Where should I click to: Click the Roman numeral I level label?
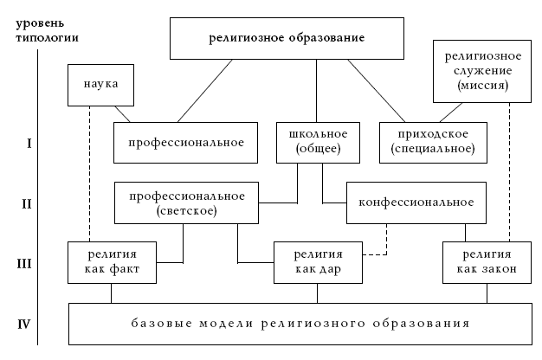pos(29,144)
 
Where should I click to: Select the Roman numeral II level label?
pos(27,204)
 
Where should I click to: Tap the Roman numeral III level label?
pos(24,264)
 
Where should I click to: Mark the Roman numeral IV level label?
pos(24,325)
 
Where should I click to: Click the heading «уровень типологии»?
pos(47,30)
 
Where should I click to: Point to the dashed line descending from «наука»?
pos(89,174)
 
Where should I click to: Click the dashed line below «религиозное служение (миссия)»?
pos(509,172)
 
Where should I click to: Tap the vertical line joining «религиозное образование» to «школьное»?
pos(316,91)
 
